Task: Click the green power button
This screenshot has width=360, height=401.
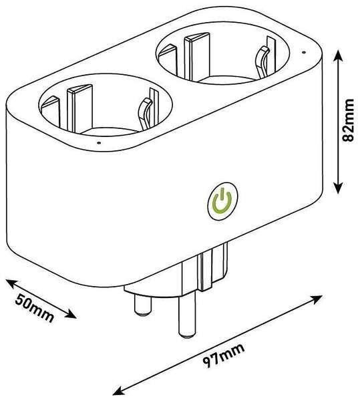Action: tap(222, 202)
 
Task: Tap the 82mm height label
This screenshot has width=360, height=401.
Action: tap(348, 120)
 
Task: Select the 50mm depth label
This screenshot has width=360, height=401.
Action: tap(35, 307)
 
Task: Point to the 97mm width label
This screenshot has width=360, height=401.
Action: tap(223, 356)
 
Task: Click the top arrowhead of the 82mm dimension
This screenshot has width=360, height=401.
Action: tap(338, 54)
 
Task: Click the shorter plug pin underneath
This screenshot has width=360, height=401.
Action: tap(143, 303)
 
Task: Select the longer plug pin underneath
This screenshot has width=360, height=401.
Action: tap(188, 314)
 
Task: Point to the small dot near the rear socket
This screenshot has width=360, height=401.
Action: tap(303, 52)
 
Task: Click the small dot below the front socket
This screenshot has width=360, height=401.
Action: tap(99, 143)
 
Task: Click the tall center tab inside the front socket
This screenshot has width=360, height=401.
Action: tap(79, 109)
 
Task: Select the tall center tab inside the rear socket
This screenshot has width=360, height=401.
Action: tap(197, 56)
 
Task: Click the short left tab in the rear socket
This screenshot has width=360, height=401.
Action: tap(168, 60)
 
